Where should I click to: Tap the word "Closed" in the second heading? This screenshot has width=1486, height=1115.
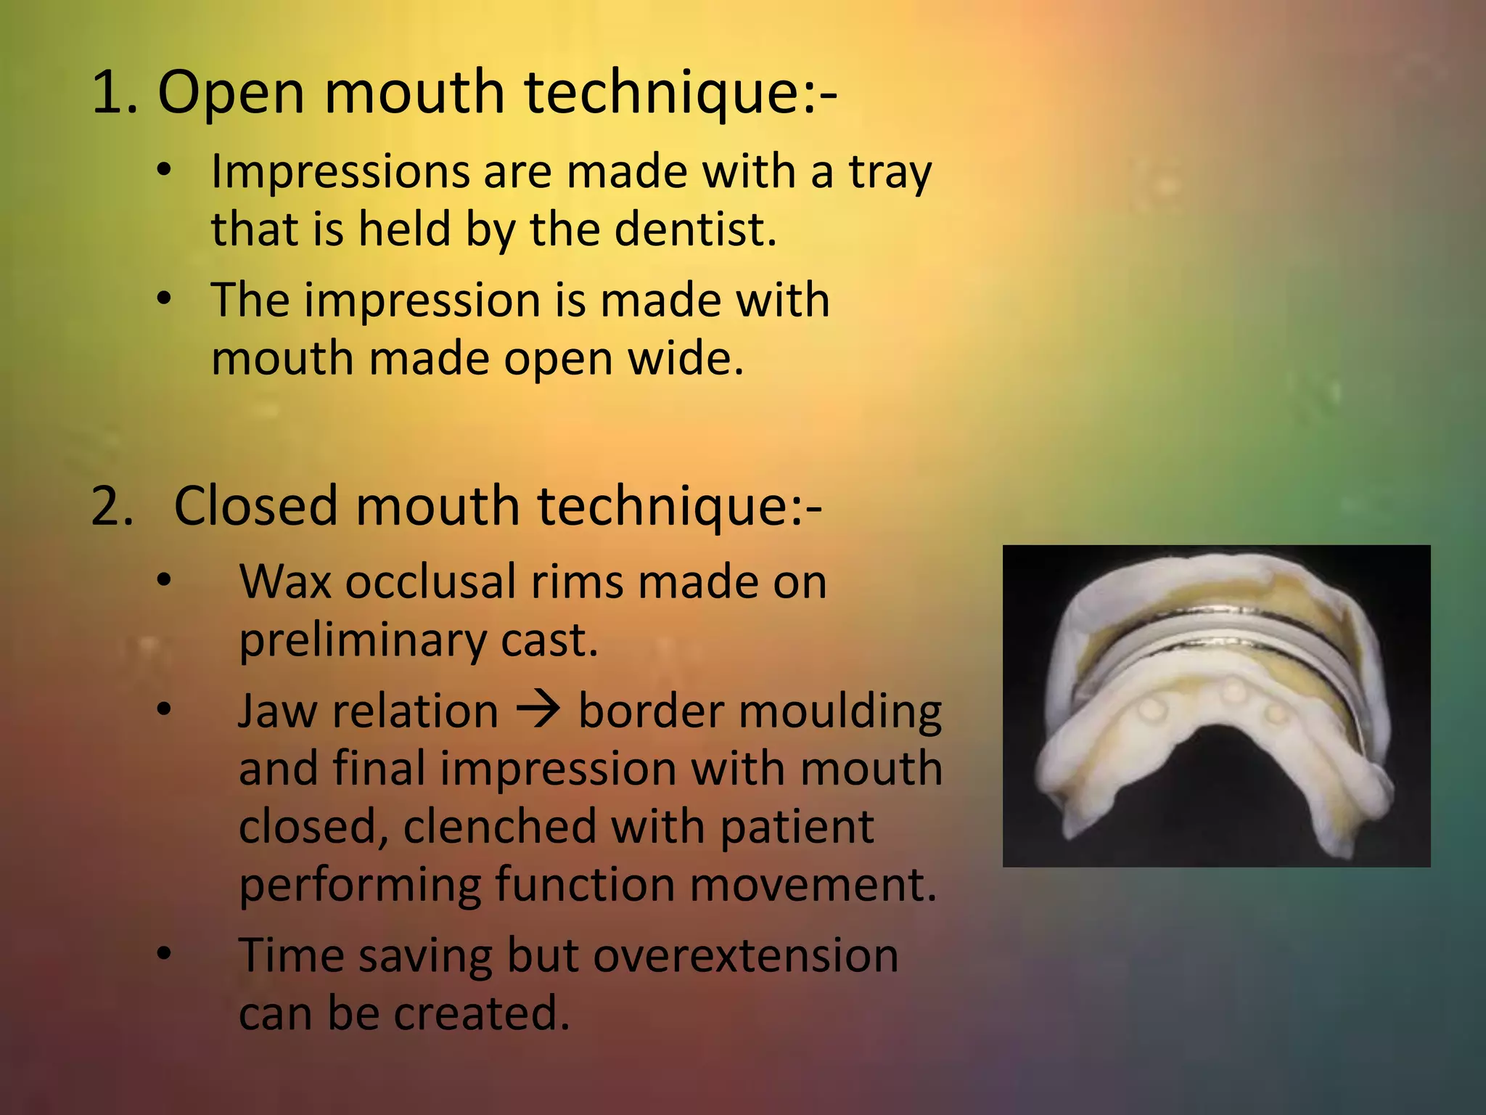point(255,506)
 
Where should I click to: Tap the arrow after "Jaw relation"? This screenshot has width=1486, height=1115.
point(538,710)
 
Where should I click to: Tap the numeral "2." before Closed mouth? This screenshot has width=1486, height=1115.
point(112,506)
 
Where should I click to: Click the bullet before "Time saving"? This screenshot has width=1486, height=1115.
point(165,952)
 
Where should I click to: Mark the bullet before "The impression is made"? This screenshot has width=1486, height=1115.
point(165,298)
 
